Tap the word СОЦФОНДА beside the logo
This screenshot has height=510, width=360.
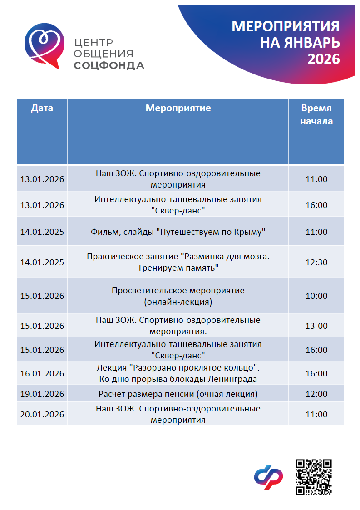click(109, 65)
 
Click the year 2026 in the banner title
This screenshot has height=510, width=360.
click(324, 59)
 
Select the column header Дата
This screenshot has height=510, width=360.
click(42, 109)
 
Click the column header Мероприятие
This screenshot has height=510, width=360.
click(178, 109)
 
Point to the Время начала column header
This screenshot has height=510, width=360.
click(316, 115)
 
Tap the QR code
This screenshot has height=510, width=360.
click(314, 477)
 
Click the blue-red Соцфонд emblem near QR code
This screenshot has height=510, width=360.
click(268, 478)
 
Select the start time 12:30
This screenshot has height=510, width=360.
click(316, 262)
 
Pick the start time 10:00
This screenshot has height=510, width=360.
click(316, 296)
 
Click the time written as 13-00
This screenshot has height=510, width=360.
click(316, 326)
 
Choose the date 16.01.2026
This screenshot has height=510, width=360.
click(42, 374)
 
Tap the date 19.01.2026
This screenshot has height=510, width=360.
click(42, 394)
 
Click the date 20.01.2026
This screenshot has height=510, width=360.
click(42, 415)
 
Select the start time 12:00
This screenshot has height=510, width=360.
click(316, 394)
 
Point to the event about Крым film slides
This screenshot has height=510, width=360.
click(178, 232)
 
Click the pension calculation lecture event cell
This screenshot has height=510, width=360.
click(178, 394)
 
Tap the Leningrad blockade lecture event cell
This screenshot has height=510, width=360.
click(178, 373)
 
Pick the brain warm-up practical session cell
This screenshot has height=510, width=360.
click(178, 262)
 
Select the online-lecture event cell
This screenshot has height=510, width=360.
click(178, 296)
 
